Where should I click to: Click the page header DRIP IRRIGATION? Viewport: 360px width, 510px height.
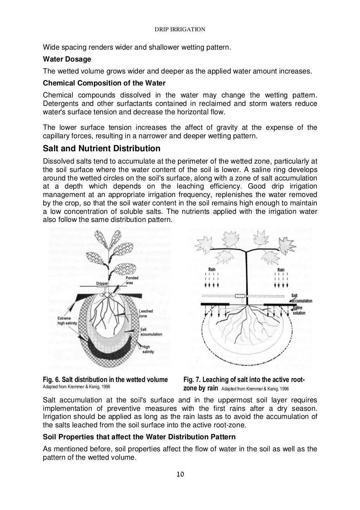click(180, 30)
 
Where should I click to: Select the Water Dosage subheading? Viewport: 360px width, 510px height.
click(67, 59)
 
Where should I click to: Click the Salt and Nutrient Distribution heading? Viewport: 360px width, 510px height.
click(101, 148)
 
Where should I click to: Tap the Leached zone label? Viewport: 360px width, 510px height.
click(145, 313)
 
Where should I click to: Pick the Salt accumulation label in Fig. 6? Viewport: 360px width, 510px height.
click(151, 332)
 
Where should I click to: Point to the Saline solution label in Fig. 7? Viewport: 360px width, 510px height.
click(299, 310)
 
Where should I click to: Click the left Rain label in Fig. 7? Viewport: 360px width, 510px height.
click(212, 270)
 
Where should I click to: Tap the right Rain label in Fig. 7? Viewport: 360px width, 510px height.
click(281, 270)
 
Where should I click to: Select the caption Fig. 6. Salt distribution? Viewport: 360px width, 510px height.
click(105, 380)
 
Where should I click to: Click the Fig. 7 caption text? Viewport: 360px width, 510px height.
click(244, 384)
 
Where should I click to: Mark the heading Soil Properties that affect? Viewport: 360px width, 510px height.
click(139, 437)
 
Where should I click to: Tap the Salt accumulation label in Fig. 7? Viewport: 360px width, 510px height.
click(301, 298)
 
